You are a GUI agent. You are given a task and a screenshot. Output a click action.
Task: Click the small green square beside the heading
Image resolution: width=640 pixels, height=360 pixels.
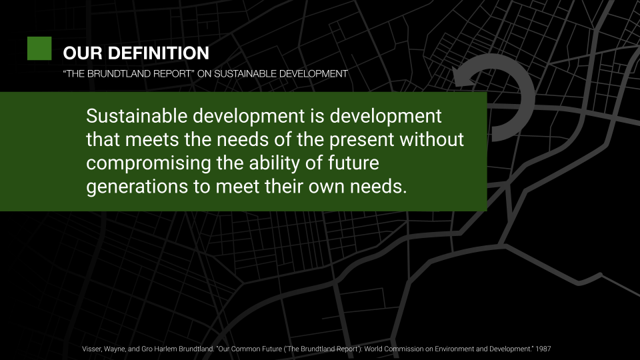(x=39, y=49)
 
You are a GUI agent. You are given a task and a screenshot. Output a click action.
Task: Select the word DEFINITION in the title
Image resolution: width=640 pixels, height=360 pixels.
(x=159, y=53)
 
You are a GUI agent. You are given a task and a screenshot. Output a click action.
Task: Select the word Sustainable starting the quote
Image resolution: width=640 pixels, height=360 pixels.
(x=137, y=116)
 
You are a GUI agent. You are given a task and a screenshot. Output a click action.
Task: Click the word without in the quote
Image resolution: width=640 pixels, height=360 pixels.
(x=431, y=139)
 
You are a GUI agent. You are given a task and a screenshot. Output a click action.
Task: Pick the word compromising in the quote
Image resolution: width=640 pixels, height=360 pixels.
(x=149, y=164)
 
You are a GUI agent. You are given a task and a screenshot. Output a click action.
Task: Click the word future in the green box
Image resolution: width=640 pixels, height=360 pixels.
(x=353, y=163)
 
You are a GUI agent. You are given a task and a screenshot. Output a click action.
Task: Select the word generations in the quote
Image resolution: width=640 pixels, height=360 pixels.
(x=137, y=187)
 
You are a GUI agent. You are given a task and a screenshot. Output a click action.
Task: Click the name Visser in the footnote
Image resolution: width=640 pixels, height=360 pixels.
(x=91, y=349)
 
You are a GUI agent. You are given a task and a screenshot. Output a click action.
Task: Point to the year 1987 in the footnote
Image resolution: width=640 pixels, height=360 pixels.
(x=543, y=349)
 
